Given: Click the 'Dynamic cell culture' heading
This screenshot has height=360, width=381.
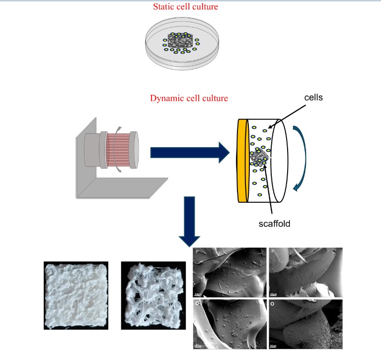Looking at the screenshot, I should pyautogui.click(x=189, y=98).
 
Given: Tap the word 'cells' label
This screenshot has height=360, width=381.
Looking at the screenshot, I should pyautogui.click(x=313, y=97).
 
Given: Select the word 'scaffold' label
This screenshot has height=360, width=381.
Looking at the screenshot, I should pyautogui.click(x=274, y=224).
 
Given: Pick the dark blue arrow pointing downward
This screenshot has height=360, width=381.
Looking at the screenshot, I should pyautogui.click(x=191, y=222).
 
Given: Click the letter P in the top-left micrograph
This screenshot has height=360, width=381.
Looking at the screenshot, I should pyautogui.click(x=198, y=253).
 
